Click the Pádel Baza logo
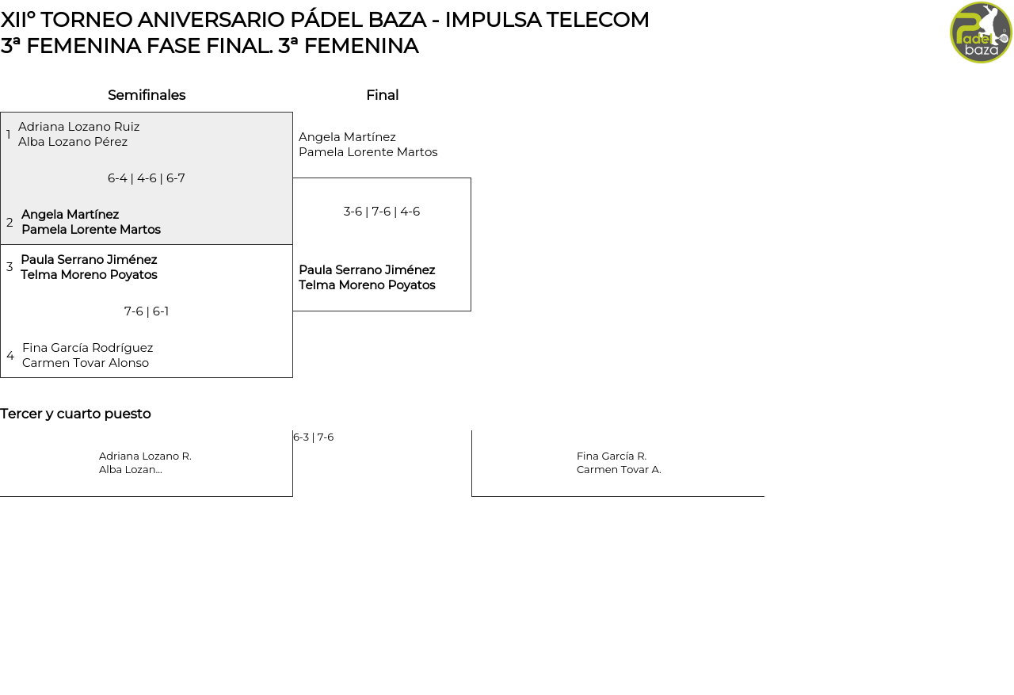pos(981,32)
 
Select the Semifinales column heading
pos(147,95)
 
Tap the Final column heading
pos(382,95)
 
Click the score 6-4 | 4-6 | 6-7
pos(147,178)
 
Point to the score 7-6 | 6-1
pos(147,311)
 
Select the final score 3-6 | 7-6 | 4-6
pos(382,212)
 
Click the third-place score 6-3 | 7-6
pos(314,437)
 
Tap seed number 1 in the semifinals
pos(9,135)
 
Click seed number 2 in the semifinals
pos(10,223)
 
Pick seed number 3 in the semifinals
pos(10,267)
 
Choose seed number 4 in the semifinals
pos(10,356)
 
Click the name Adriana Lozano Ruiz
pos(79,127)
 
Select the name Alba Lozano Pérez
pos(73,142)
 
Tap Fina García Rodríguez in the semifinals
pos(88,348)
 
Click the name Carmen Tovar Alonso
pos(86,363)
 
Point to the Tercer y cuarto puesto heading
pos(75,414)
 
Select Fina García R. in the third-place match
pos(612,456)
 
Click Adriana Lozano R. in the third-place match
pos(145,456)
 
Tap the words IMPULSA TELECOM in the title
pos(547,20)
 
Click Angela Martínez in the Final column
pos(347,137)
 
